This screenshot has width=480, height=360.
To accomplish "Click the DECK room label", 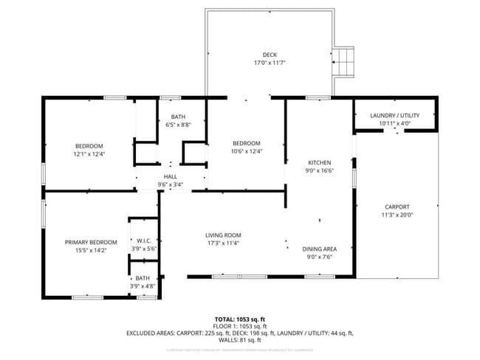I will [270, 55].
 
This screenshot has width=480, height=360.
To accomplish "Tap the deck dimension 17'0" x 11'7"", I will [270, 63].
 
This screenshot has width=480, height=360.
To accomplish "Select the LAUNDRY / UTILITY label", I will [394, 116].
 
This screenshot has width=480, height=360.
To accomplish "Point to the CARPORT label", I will [397, 207].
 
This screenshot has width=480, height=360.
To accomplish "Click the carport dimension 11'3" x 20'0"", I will [397, 215].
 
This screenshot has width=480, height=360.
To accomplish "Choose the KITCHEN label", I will [320, 162].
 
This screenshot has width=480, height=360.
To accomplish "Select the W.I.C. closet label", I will [143, 240].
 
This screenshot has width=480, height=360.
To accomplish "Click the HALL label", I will [170, 177].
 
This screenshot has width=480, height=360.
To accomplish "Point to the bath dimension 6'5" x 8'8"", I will [179, 125].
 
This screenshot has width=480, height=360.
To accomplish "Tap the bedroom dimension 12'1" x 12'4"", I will [89, 154].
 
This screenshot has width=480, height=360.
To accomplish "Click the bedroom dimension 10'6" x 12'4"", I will [247, 151].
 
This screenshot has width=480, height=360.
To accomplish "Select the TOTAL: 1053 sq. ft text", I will [240, 319].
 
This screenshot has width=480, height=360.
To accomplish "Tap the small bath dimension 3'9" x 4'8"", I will [143, 286].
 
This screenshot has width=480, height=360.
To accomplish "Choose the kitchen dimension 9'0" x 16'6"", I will [320, 170].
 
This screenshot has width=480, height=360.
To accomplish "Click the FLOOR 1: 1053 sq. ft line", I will [240, 326].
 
